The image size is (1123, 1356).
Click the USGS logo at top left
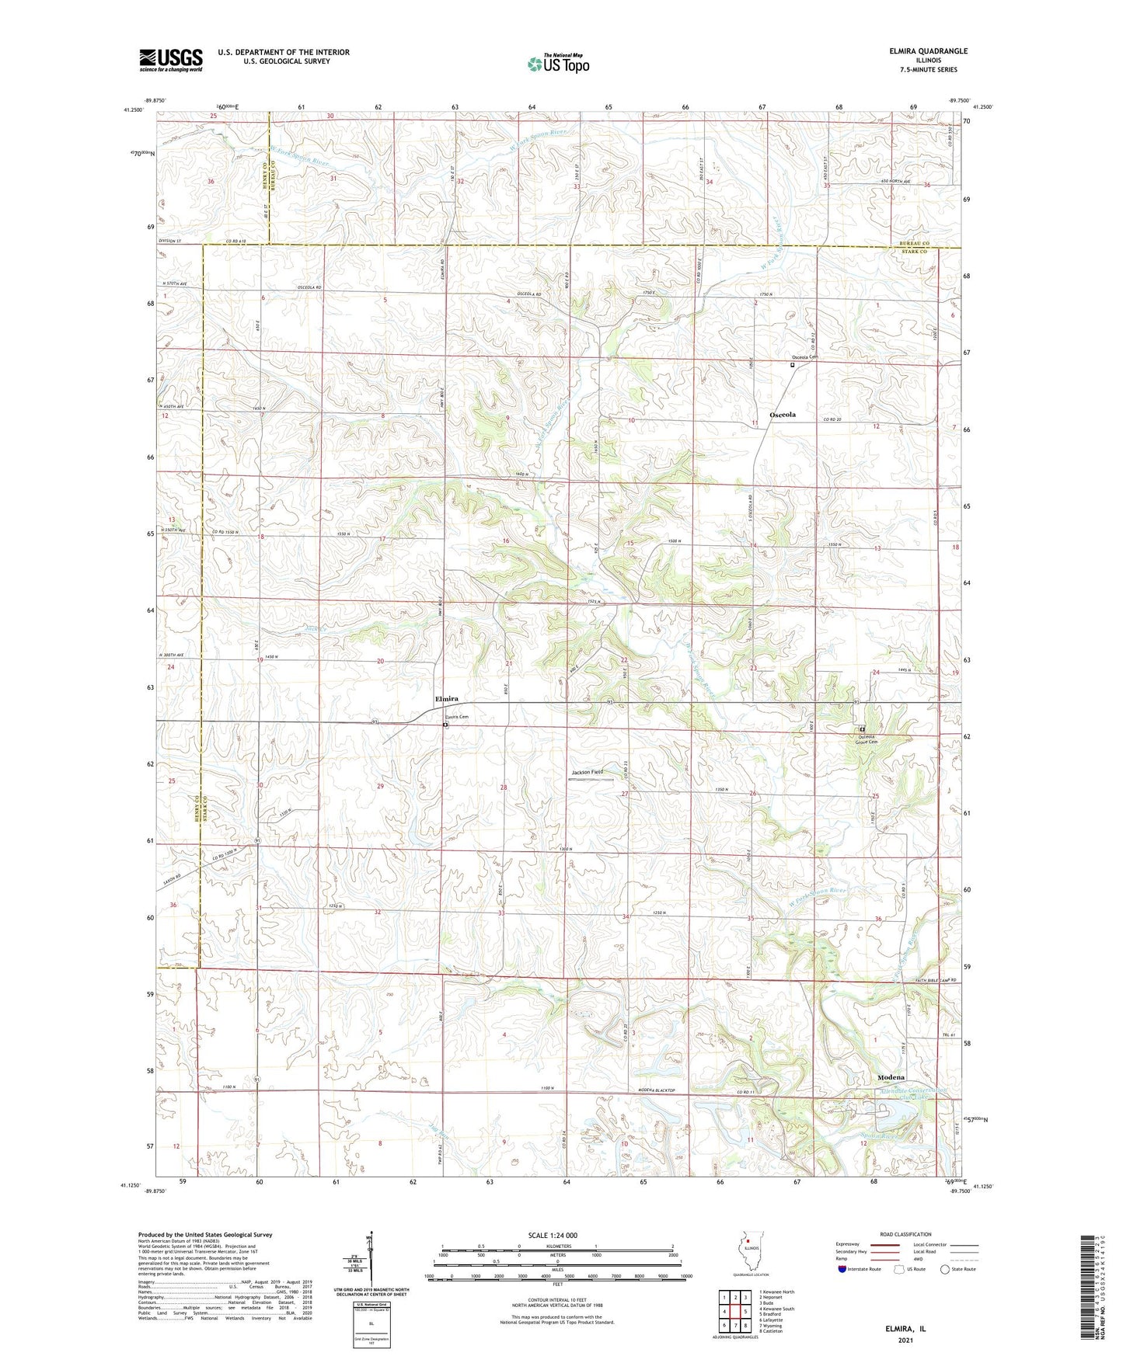click(x=171, y=60)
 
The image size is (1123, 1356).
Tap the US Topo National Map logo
click(x=558, y=64)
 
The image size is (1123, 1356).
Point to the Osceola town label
click(x=783, y=415)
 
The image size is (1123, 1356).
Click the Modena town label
click(x=891, y=1078)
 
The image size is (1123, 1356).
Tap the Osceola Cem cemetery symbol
click(x=793, y=364)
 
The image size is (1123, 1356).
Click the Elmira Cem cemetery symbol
click(x=445, y=725)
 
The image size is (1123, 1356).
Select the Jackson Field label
click(x=587, y=772)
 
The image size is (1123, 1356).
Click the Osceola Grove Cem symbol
click(x=862, y=729)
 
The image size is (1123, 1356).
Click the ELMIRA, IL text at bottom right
click(x=905, y=1329)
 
